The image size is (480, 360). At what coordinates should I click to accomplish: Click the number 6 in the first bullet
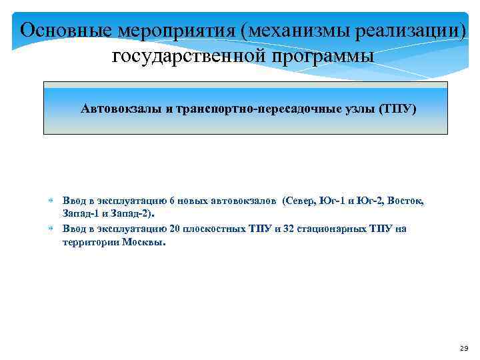coord(172,201)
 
